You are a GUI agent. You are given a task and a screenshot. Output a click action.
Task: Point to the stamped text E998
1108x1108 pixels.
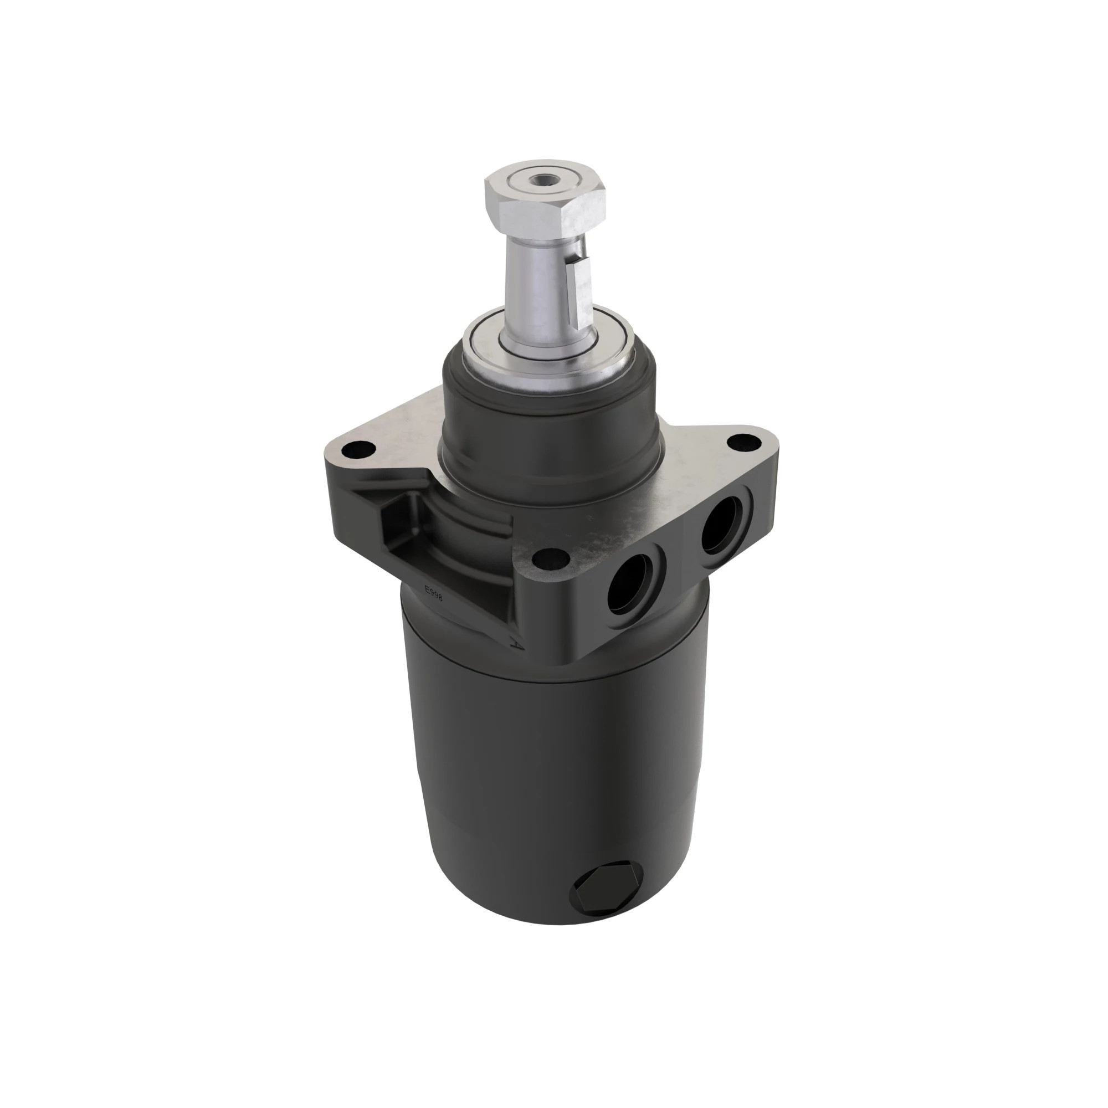tap(433, 592)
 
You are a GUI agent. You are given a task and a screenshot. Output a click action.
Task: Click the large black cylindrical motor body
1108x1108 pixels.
tap(551, 774)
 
